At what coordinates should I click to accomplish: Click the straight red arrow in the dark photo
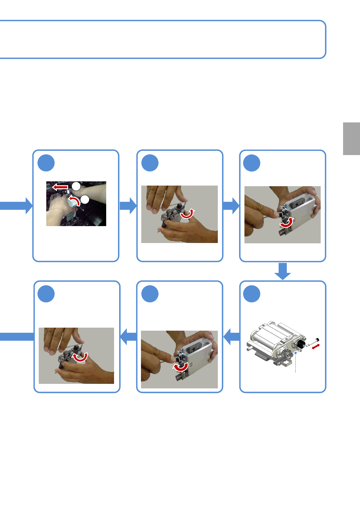60,187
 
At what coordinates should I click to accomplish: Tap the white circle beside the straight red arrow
76,186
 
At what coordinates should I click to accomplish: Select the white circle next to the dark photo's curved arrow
85,199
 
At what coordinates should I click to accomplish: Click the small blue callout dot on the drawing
296,352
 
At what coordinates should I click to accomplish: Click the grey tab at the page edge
351,138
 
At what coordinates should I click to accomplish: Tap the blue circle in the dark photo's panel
46,163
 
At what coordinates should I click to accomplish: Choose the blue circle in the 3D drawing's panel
252,294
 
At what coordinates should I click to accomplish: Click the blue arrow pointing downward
283,271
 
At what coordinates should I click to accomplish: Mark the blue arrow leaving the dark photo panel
128,206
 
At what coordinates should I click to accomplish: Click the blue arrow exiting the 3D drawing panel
231,336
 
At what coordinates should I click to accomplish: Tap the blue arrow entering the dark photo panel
17,206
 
